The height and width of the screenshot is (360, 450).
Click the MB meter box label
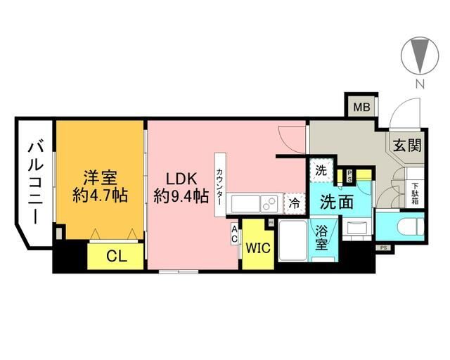pos(361,108)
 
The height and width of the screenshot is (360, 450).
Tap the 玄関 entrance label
pos(406,146)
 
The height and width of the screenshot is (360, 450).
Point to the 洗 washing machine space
pos(320,170)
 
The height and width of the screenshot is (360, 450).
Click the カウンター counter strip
pos(220,179)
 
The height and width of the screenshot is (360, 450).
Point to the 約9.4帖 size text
pos(181,195)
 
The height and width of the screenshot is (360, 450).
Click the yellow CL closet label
pos(116,257)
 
